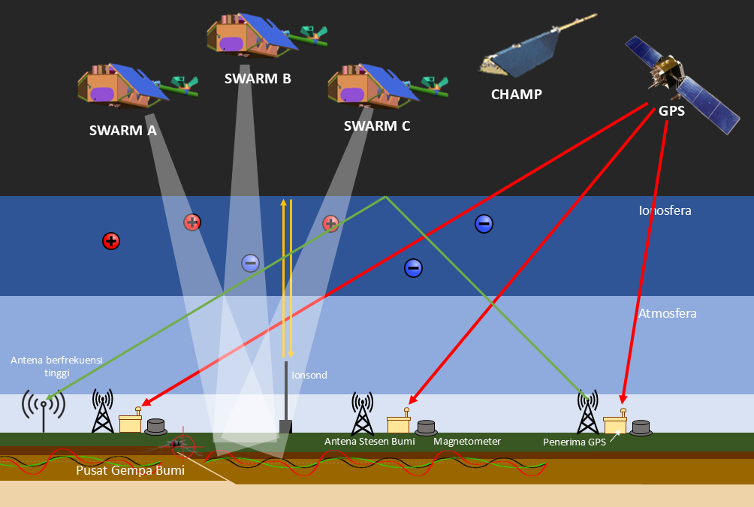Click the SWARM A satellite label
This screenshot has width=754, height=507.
coord(122,130)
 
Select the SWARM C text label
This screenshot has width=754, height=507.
coord(376,125)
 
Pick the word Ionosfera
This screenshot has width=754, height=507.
coord(664,211)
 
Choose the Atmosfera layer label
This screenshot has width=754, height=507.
coord(667,313)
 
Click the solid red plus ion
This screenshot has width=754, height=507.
coord(111,241)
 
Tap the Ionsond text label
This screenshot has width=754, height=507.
coord(309,375)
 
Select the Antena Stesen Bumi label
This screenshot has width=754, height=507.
coord(369,442)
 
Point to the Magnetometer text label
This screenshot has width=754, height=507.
coord(466,442)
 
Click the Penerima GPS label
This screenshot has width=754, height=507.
coord(574,442)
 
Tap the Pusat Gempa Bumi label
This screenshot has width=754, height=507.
coord(130,472)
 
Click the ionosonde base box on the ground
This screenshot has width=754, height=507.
coord(285,427)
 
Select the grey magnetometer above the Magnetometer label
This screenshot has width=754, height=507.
coord(426,427)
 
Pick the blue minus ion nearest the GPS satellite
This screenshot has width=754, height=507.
coord(484,223)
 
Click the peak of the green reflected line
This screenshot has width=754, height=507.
coord(385,198)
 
